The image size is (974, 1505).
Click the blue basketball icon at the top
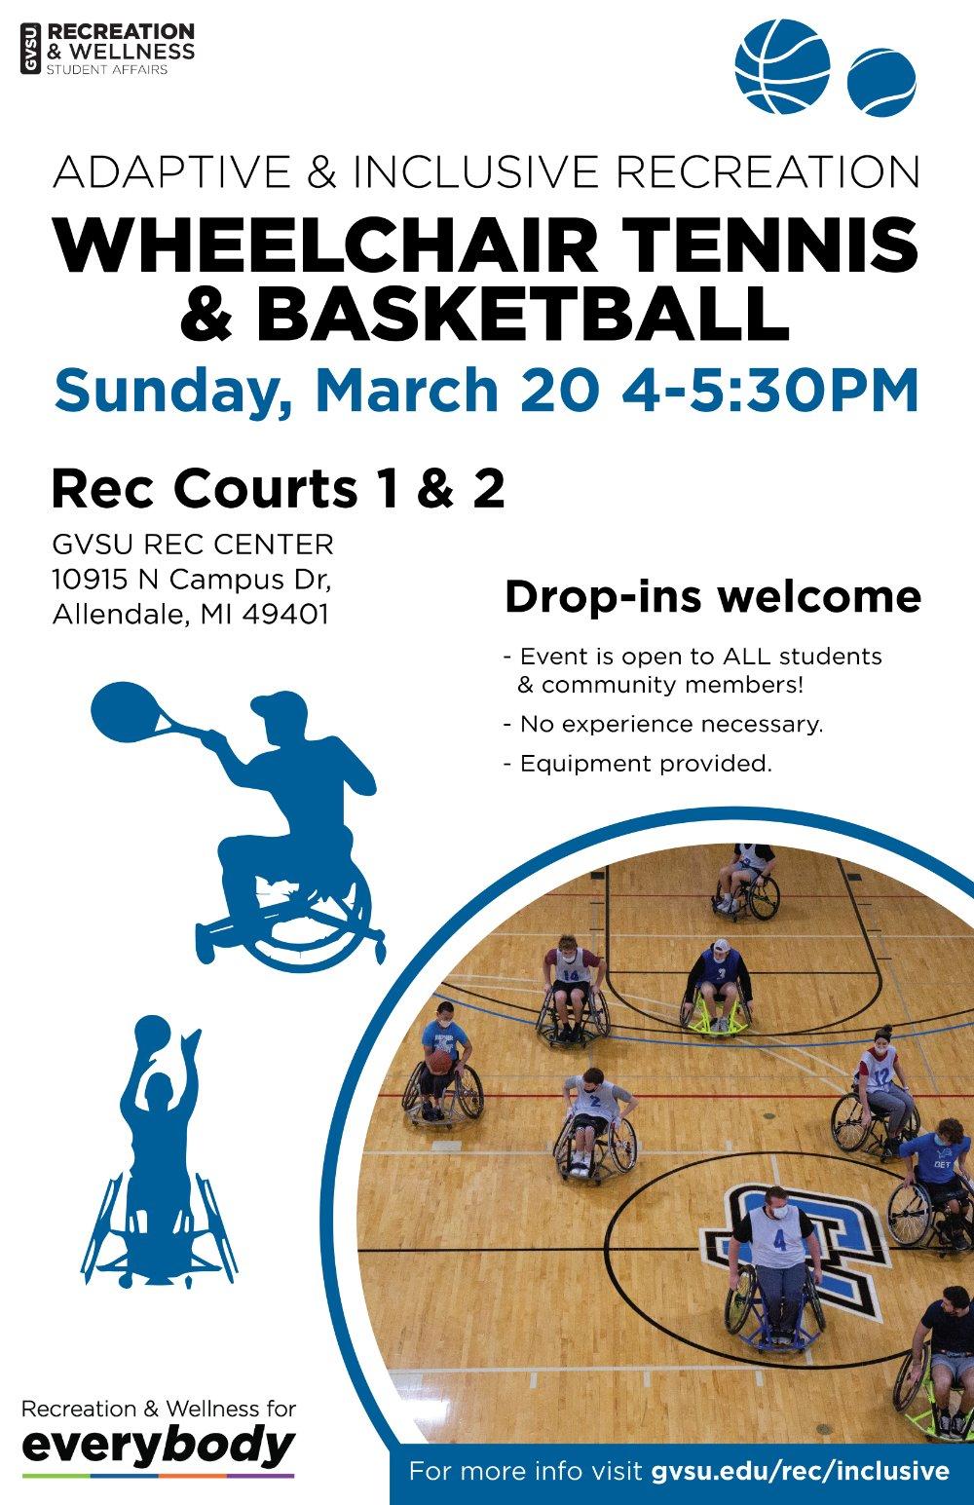pyautogui.click(x=781, y=65)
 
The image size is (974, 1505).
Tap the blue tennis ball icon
pyautogui.click(x=881, y=83)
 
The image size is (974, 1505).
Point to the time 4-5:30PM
pyautogui.click(x=769, y=390)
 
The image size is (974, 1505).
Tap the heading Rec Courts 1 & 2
pyautogui.click(x=278, y=489)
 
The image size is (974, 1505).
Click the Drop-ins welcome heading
pyautogui.click(x=712, y=597)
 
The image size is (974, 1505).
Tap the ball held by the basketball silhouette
pyautogui.click(x=152, y=1034)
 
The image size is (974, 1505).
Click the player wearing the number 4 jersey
pyautogui.click(x=776, y=1257)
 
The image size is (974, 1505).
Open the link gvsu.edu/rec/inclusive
pyautogui.click(x=800, y=1470)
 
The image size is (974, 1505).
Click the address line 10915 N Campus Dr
pyautogui.click(x=192, y=580)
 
